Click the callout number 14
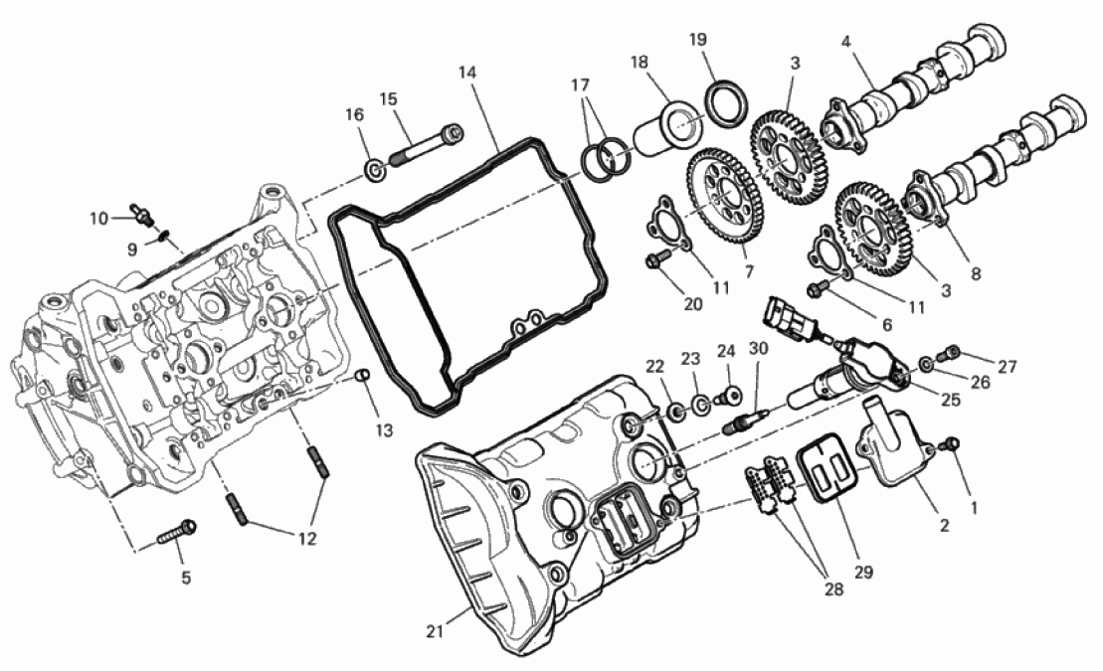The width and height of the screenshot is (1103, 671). (467, 72)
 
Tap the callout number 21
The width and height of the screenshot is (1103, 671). (435, 631)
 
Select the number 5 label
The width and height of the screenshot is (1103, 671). (186, 578)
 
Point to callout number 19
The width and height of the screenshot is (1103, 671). (697, 40)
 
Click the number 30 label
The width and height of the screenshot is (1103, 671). (758, 348)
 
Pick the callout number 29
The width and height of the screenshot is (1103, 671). (863, 572)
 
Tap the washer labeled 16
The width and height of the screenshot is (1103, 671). (376, 170)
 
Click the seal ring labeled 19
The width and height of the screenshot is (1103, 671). (724, 105)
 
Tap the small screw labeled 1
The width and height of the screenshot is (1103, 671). (950, 445)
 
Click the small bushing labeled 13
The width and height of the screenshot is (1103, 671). (362, 375)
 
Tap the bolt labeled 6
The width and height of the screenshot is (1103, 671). (822, 286)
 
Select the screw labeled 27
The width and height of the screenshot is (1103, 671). (952, 351)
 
